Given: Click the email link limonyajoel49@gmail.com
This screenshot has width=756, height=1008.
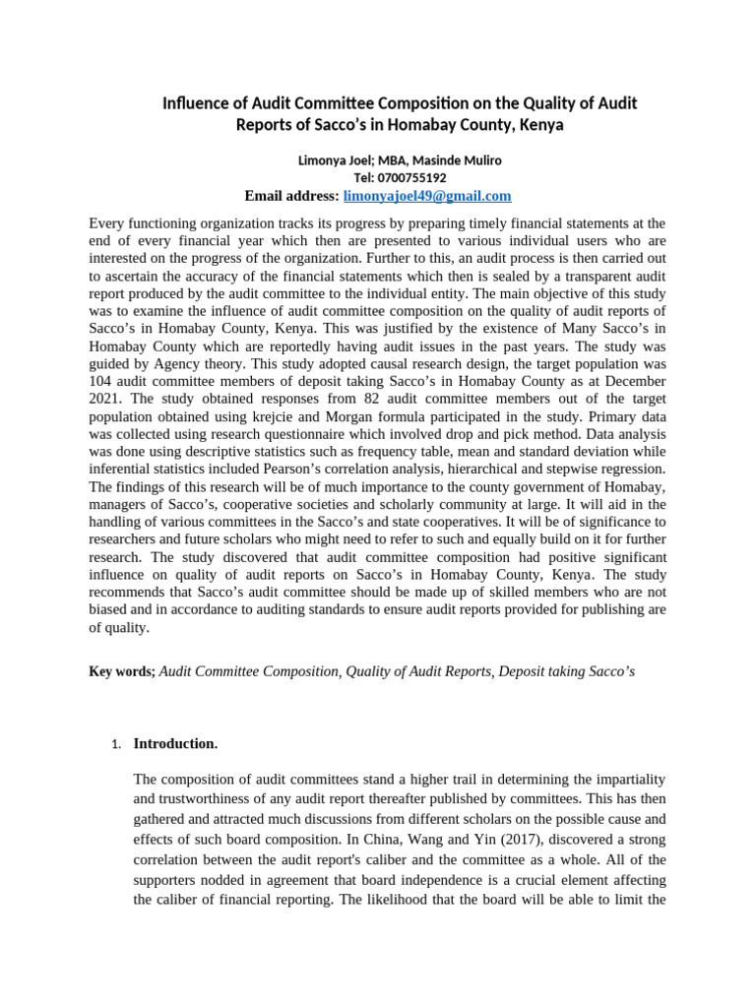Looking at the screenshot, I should (426, 196).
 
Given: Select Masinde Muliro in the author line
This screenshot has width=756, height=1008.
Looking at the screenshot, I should (463, 160).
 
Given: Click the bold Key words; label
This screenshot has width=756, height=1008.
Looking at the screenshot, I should (122, 671).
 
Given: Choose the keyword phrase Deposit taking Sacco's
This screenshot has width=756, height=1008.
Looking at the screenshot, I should (567, 671).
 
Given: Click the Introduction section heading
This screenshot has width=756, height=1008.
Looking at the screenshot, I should (175, 744).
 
